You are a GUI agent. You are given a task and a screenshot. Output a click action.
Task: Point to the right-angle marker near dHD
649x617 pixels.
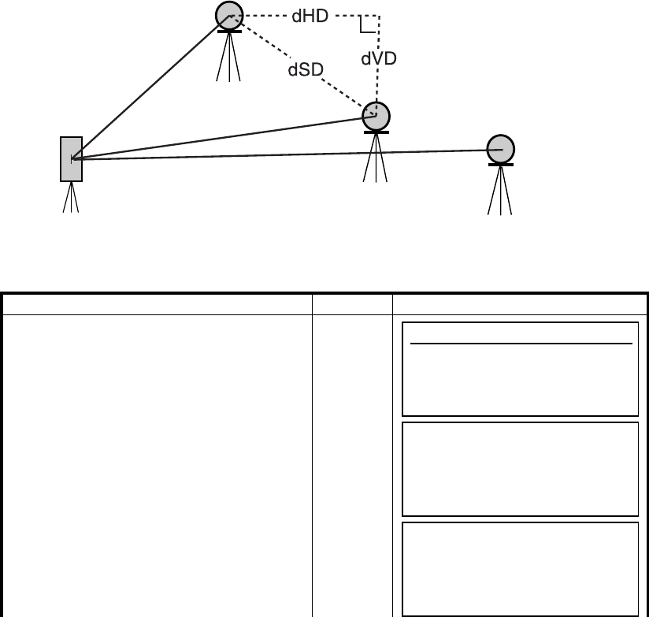click(365, 26)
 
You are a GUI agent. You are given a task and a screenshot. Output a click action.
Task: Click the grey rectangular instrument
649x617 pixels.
click(72, 158)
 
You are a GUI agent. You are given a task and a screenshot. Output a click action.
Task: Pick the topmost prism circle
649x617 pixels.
click(229, 15)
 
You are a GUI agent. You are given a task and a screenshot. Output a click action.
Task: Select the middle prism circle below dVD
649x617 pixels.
click(376, 116)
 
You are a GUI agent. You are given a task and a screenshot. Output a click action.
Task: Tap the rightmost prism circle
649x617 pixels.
click(500, 148)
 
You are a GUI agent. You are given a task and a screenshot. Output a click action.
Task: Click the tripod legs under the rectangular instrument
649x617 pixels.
click(72, 197)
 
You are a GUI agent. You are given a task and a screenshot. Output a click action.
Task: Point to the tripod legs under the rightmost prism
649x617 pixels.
click(500, 191)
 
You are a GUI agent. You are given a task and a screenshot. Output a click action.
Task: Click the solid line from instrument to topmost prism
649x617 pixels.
click(150, 87)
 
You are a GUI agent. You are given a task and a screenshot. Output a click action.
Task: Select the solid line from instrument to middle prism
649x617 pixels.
click(221, 138)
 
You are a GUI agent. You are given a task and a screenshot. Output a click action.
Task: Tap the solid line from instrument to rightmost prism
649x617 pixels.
click(284, 154)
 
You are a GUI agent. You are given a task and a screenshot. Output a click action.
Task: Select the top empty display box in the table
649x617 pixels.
click(519, 368)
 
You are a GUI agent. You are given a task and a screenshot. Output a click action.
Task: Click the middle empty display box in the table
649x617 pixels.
click(519, 468)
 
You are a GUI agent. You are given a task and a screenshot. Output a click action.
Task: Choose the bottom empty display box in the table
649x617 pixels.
click(519, 567)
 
